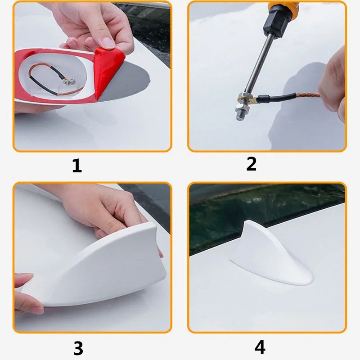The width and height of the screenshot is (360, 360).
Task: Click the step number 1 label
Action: (77, 166)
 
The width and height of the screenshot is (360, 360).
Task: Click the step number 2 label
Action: (251, 164)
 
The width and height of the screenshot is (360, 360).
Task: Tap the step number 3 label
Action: (78, 348)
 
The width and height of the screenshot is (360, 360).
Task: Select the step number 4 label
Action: (260, 346)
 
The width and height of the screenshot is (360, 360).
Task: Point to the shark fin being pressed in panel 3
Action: (99, 270)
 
